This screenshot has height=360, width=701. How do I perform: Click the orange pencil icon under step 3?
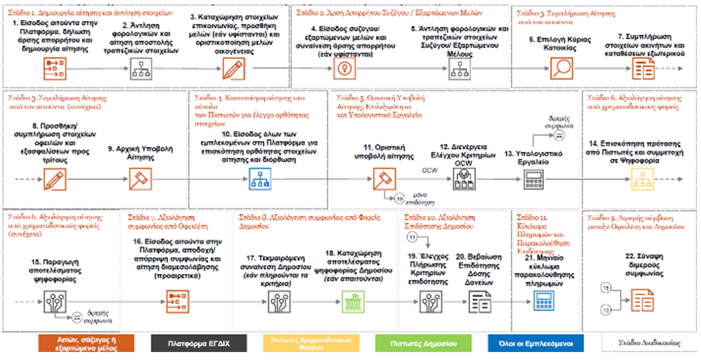coord(230,69)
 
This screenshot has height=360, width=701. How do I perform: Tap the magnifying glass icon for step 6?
coord(561,69)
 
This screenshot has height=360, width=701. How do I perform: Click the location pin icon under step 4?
coord(343,69)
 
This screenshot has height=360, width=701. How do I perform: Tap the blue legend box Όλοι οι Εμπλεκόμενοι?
coord(536,344)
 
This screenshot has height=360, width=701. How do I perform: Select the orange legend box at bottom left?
coord(86,344)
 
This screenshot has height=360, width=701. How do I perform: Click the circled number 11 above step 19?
coord(412,236)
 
